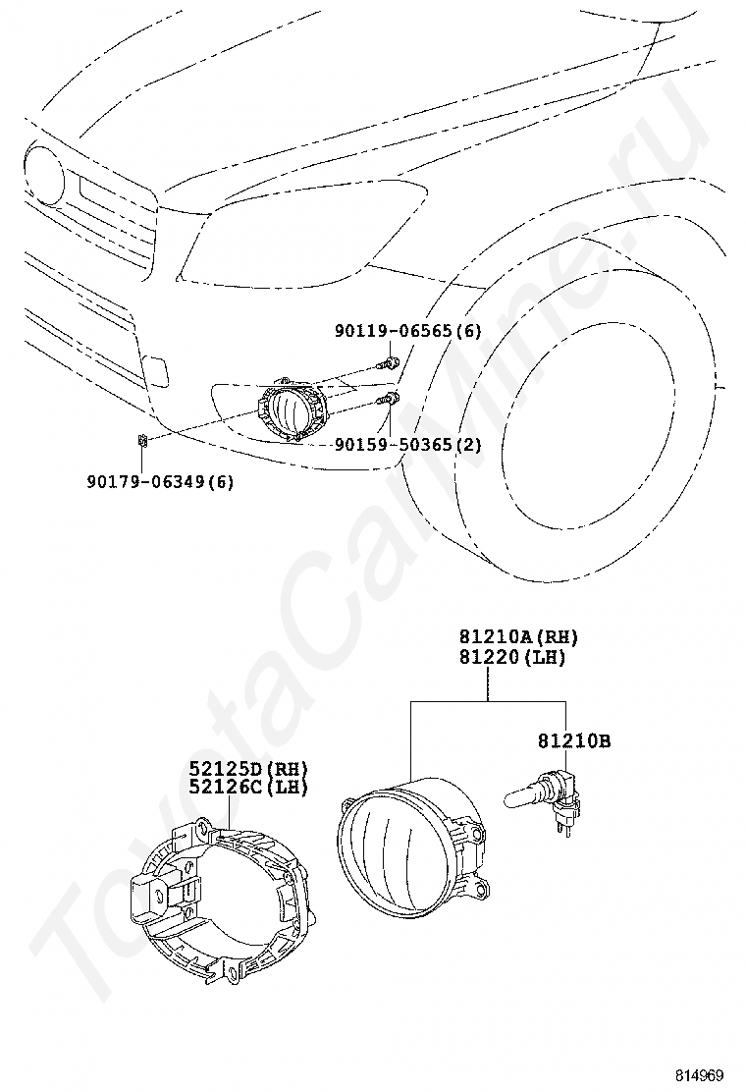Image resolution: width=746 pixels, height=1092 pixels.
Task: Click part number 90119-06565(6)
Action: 407,331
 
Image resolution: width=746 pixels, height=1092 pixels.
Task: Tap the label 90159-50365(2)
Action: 407,445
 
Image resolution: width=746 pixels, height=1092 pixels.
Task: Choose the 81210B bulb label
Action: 573,741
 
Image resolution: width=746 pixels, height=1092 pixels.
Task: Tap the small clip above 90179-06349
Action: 142,439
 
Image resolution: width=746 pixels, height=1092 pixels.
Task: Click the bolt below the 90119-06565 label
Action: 390,364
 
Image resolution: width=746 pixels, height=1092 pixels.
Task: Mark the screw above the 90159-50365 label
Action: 390,398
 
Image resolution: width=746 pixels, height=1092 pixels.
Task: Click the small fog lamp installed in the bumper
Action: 291,408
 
